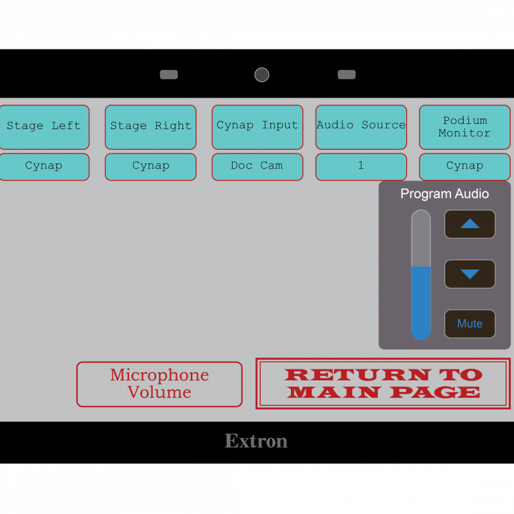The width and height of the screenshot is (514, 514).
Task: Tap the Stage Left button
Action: [x=44, y=127]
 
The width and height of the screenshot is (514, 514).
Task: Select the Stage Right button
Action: [x=150, y=127]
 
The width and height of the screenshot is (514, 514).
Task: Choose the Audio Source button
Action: [x=360, y=127]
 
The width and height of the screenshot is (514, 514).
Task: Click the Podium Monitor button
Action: [x=465, y=127]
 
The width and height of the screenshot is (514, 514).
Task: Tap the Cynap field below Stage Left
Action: [x=44, y=166]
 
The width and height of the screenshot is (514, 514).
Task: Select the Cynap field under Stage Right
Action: [x=150, y=166]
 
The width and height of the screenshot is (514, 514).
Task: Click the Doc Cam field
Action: [x=257, y=166]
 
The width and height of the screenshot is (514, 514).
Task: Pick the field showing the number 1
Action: [x=360, y=166]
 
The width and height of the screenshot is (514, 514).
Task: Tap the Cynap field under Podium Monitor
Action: [x=465, y=166]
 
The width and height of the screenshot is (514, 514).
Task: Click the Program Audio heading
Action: [x=445, y=194]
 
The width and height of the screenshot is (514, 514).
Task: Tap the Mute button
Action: [x=470, y=324]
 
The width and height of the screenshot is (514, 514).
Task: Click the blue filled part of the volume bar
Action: [x=421, y=302]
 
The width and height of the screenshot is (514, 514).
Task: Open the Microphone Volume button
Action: [x=159, y=384]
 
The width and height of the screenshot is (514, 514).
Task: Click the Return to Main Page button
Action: [x=383, y=384]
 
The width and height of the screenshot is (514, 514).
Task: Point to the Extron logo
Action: [x=256, y=441]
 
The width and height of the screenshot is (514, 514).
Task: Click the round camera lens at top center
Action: [x=261, y=75]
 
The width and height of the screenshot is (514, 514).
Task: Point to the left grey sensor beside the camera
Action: [x=169, y=75]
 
